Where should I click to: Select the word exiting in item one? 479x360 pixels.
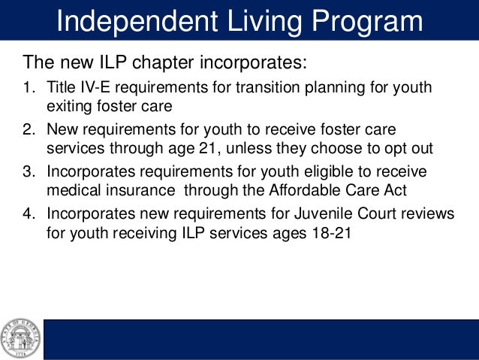(x=69, y=106)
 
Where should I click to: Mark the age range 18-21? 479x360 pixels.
(x=327, y=232)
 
